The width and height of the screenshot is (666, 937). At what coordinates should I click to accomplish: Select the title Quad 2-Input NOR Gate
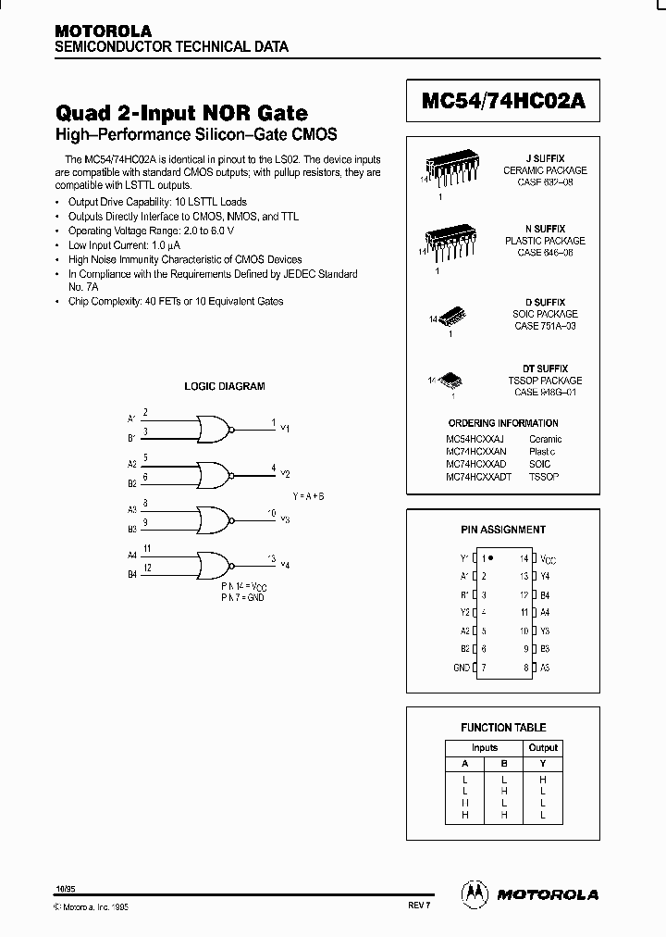pyautogui.click(x=182, y=113)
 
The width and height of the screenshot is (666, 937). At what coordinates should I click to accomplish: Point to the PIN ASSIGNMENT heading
pyautogui.click(x=503, y=531)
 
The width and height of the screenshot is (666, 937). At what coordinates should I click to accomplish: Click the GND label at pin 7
pyautogui.click(x=461, y=667)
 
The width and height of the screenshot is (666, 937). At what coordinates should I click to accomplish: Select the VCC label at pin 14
pyautogui.click(x=549, y=559)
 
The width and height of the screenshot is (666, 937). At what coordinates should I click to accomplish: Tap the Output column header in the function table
pyautogui.click(x=543, y=748)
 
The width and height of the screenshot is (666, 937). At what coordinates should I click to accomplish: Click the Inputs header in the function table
pyautogui.click(x=484, y=748)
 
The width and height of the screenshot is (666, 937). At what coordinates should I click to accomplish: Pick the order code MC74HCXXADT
pyautogui.click(x=476, y=476)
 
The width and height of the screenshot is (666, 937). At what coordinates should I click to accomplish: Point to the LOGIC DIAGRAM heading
pyautogui.click(x=225, y=386)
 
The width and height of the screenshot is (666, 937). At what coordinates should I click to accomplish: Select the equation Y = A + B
pyautogui.click(x=309, y=496)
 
